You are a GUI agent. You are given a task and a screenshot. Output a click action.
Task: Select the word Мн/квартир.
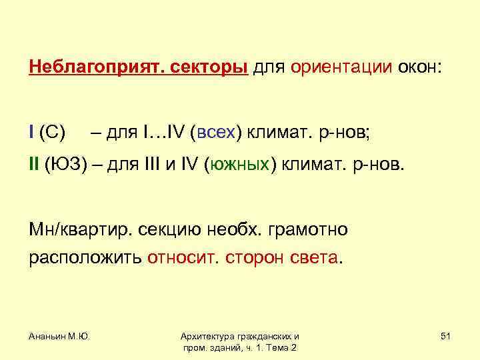click(80, 230)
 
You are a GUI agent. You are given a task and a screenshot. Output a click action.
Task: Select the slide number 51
click(445, 337)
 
